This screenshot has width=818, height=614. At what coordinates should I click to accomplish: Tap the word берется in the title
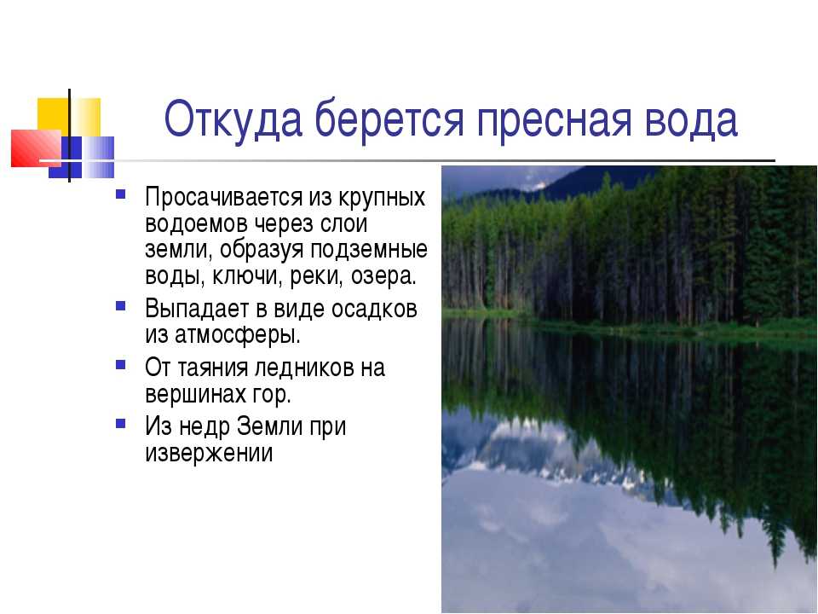389,120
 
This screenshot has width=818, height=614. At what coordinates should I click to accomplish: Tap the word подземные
369,250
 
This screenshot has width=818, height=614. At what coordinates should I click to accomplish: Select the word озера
383,276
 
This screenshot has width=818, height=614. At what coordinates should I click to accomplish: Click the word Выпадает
197,309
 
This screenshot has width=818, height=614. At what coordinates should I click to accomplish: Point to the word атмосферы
238,335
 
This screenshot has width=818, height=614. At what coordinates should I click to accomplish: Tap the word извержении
209,453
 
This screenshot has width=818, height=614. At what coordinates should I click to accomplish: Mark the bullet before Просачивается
120,194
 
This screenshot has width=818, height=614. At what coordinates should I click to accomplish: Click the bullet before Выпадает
120,305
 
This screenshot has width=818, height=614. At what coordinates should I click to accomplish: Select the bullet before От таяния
120,364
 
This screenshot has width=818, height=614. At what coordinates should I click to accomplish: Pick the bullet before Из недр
120,423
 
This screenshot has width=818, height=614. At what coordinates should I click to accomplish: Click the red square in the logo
37,148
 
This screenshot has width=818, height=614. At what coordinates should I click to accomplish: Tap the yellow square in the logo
68,118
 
